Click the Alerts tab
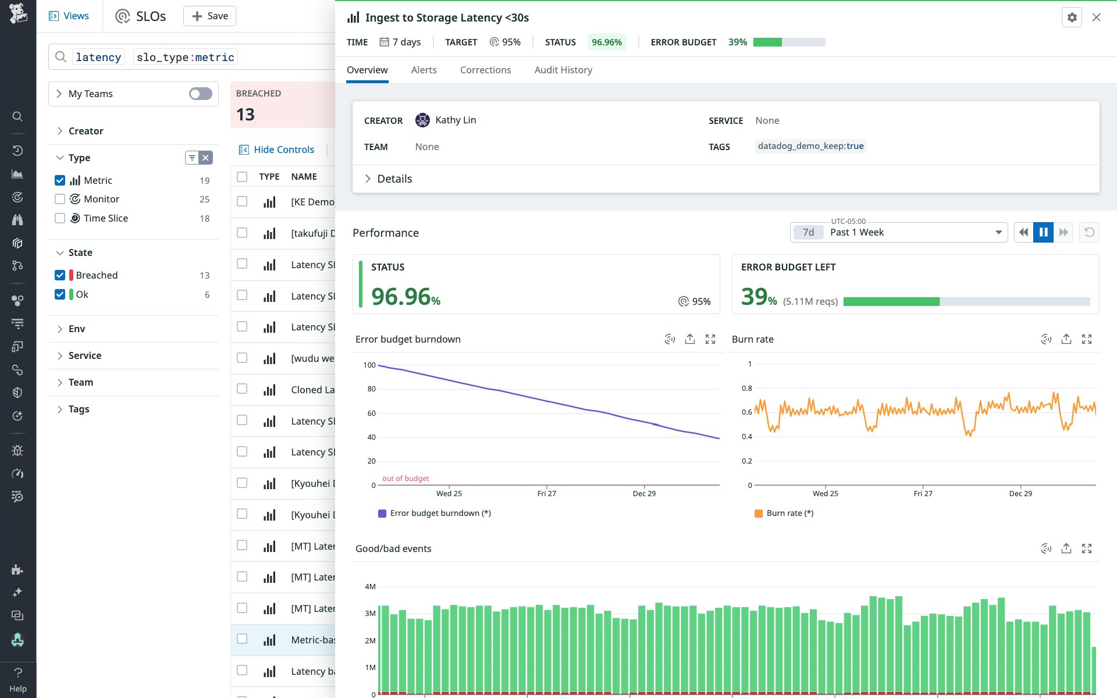[424, 70]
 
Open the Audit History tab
[563, 70]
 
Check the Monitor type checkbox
[60, 199]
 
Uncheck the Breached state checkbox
[60, 275]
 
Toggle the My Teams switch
[200, 94]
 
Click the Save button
[209, 16]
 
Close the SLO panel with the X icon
[1096, 17]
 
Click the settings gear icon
[1072, 17]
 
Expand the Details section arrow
[368, 179]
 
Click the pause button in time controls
[1043, 232]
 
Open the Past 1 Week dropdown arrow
[998, 232]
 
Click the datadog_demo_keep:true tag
[810, 146]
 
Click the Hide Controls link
[283, 149]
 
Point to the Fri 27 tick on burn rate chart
[923, 493]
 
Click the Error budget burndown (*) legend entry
[440, 513]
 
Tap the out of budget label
[405, 478]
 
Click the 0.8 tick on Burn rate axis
[747, 388]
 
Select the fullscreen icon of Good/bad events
[1086, 549]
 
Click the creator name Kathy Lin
[456, 120]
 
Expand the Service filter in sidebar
[84, 355]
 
